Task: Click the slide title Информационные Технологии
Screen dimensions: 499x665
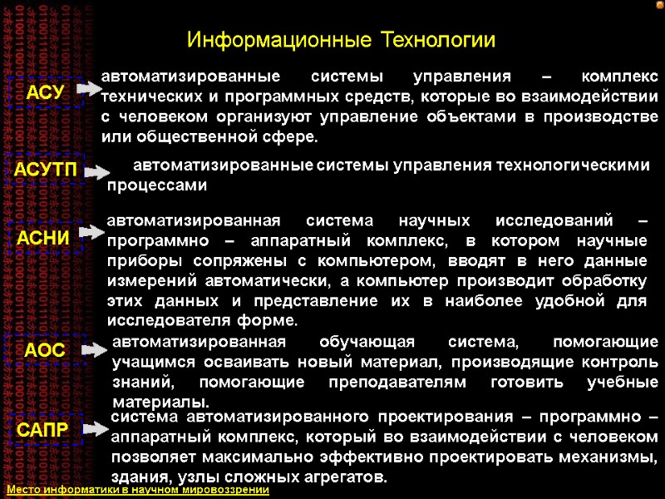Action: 341,39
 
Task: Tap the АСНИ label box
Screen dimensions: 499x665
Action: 46,237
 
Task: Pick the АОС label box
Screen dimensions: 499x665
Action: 46,350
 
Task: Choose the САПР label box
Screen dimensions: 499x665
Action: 46,430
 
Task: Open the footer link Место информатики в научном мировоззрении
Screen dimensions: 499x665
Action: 138,491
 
